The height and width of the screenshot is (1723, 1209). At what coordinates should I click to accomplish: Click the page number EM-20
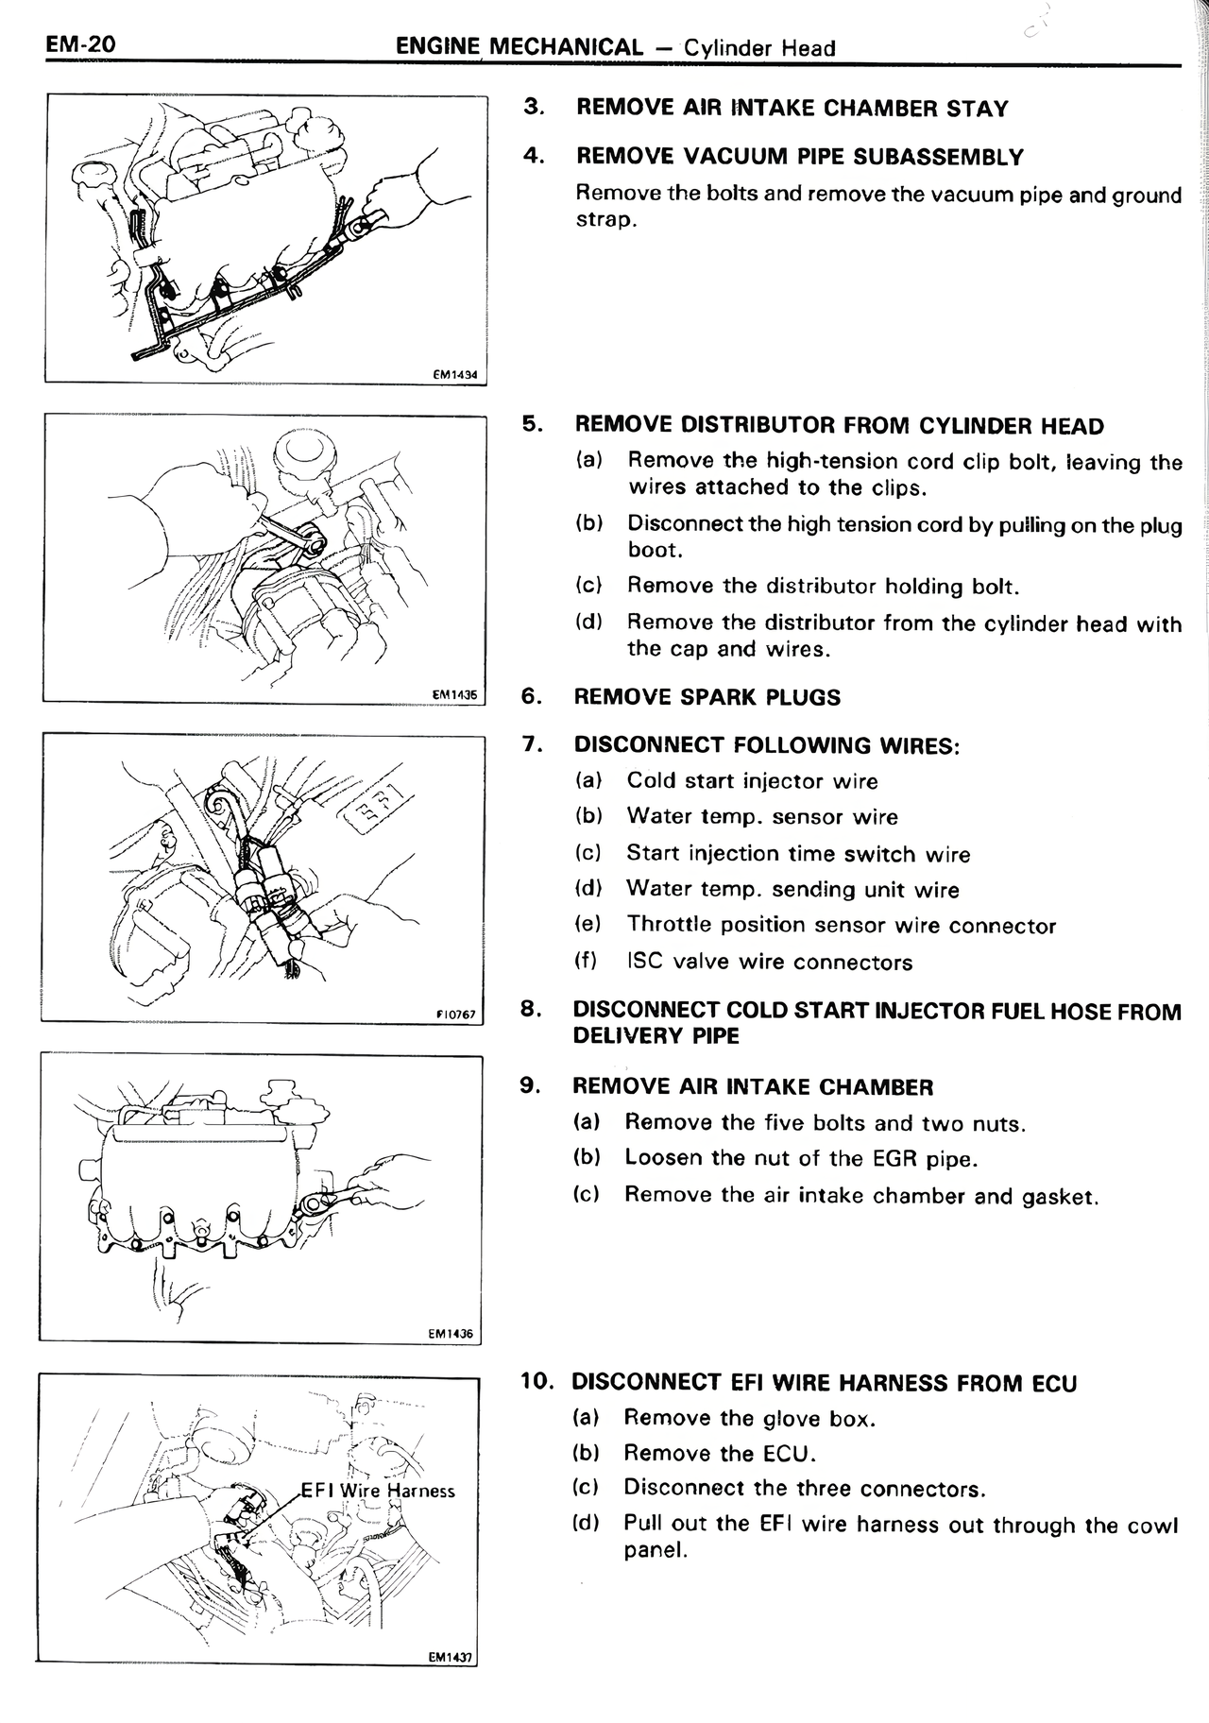[79, 44]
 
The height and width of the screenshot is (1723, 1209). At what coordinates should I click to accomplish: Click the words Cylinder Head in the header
[759, 47]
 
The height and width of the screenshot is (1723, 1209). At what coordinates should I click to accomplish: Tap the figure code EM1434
[455, 375]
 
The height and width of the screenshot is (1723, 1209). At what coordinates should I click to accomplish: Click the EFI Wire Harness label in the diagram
[378, 1491]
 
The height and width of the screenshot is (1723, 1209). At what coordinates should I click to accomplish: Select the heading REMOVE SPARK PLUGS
[707, 697]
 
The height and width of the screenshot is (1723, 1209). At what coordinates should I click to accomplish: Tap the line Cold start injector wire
[752, 781]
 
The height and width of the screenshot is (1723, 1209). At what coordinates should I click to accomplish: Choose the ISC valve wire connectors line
[769, 962]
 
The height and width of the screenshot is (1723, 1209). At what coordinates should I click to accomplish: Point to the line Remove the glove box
[750, 1418]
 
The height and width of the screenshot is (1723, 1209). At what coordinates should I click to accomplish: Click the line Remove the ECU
[720, 1453]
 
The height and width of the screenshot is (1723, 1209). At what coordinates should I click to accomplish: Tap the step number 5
[533, 424]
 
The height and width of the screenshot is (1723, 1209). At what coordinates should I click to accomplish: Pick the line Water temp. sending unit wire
[792, 889]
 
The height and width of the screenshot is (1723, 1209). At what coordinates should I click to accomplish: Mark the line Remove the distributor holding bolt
[823, 586]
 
